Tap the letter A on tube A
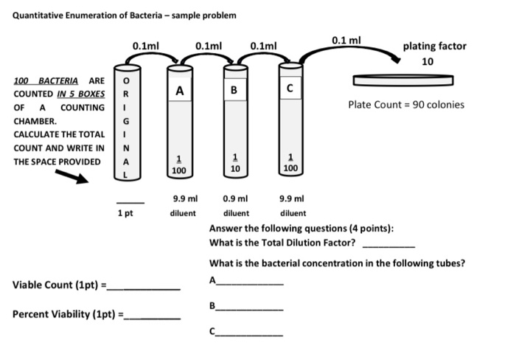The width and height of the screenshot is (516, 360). [x=178, y=91]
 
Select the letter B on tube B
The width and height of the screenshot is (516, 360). [x=235, y=91]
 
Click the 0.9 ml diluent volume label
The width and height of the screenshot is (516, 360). [x=235, y=198]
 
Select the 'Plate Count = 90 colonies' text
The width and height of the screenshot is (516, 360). [x=407, y=105]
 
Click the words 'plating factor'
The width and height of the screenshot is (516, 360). [x=434, y=46]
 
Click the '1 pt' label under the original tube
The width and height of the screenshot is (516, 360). [x=125, y=213]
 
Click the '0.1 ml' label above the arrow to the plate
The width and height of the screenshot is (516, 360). [x=345, y=39]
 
